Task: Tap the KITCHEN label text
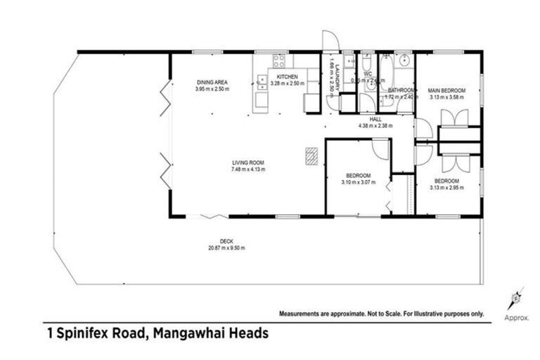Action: [286, 77]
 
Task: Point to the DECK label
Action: [226, 240]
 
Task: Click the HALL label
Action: [375, 119]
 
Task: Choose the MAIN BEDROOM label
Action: [446, 91]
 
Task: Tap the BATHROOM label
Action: [401, 90]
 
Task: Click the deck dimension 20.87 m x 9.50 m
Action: [226, 247]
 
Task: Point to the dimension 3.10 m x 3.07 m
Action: [358, 182]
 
